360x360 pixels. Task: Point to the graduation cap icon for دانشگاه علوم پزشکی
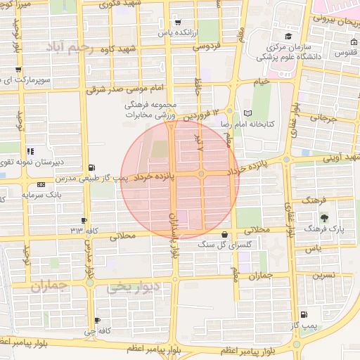coord(288,37)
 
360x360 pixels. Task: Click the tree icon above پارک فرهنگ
coord(323,205)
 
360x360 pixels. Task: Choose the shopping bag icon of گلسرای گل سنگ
coord(224,235)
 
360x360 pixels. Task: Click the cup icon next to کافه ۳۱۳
coord(84,221)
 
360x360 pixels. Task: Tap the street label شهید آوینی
coord(339,157)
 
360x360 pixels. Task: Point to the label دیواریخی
coord(134,287)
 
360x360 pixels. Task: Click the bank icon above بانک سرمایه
coord(40,185)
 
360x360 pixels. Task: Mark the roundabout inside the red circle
coord(201,174)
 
